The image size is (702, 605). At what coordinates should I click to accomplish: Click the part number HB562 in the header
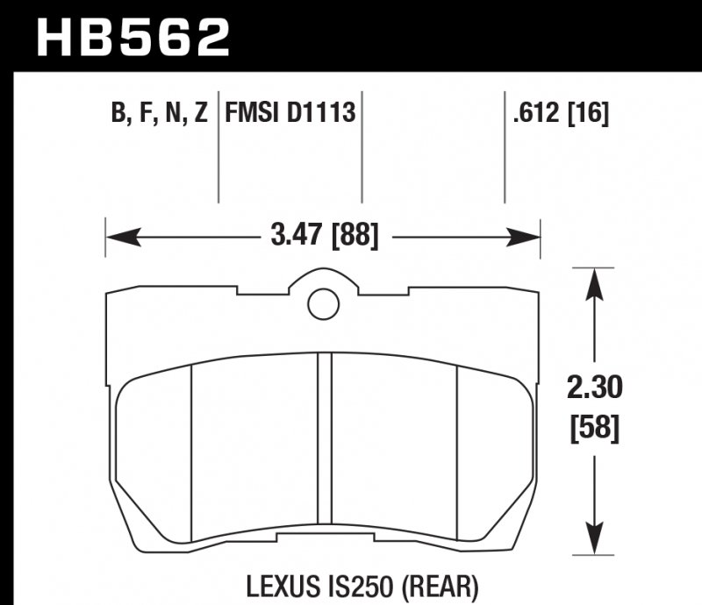pos(132,36)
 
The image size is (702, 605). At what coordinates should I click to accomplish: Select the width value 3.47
pos(294,237)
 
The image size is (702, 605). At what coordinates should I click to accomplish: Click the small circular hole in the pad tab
pos(323,303)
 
